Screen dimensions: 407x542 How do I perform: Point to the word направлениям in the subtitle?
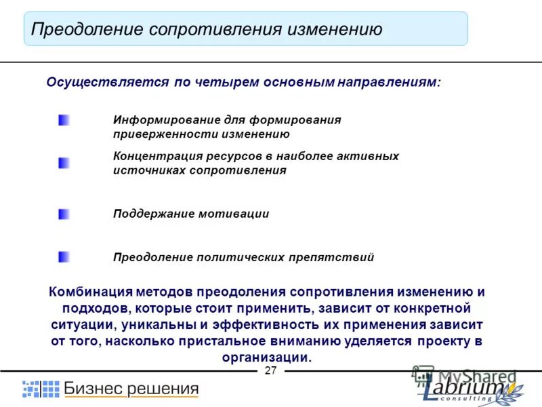click(x=388, y=82)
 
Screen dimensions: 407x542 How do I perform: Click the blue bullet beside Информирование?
click(x=64, y=120)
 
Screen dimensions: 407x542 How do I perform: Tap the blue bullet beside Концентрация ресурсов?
click(x=64, y=163)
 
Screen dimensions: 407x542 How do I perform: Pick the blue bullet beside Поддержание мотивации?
click(x=64, y=214)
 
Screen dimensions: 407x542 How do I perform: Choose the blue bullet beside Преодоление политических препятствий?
click(x=64, y=256)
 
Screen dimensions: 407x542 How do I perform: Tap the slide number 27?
click(x=271, y=370)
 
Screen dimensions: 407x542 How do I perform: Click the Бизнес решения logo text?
click(x=131, y=389)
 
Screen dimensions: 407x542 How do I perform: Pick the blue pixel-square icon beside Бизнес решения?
click(x=41, y=389)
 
